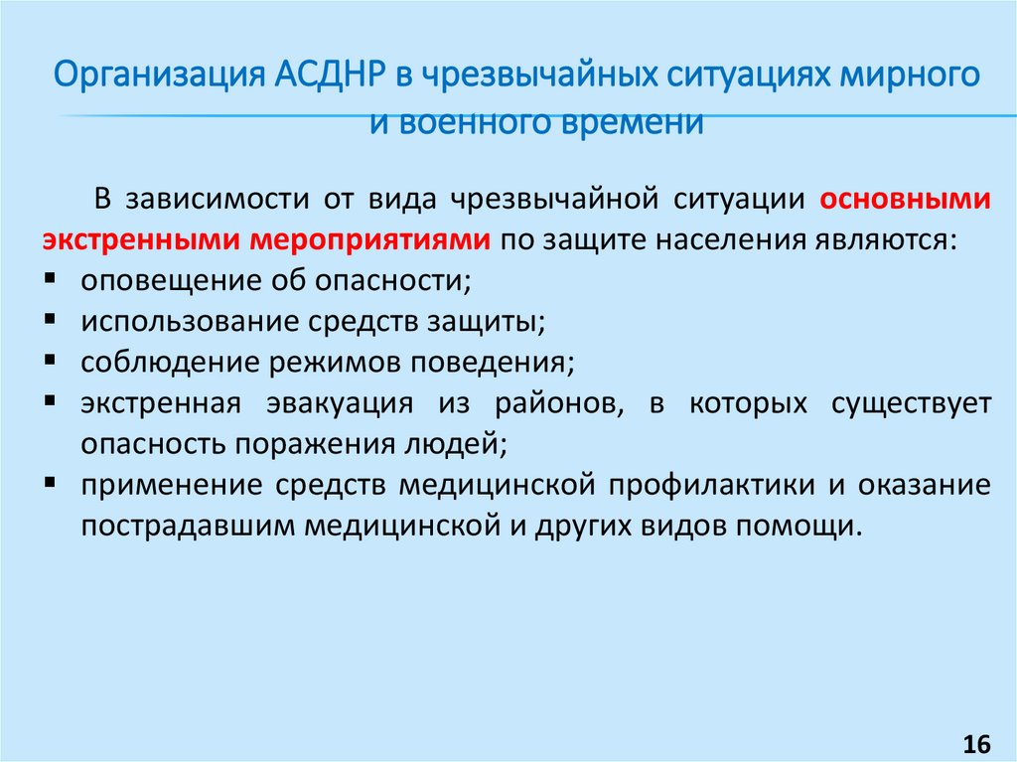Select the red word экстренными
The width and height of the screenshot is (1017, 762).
(139, 239)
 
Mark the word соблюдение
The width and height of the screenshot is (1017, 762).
(169, 362)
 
